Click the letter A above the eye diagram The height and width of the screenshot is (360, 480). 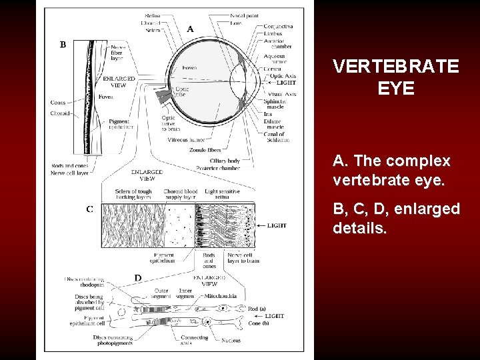click(x=191, y=29)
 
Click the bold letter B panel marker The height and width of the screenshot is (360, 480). click(x=63, y=45)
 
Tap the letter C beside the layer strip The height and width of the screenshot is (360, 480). click(x=89, y=209)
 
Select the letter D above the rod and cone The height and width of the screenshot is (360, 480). click(x=138, y=277)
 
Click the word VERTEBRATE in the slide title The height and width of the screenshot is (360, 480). click(x=396, y=67)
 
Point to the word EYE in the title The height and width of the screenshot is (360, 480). click(x=396, y=89)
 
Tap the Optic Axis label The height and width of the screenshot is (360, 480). click(x=281, y=75)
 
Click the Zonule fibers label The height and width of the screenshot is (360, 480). click(x=205, y=151)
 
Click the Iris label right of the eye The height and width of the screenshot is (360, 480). click(x=268, y=114)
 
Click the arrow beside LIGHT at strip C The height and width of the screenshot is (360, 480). click(x=259, y=226)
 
